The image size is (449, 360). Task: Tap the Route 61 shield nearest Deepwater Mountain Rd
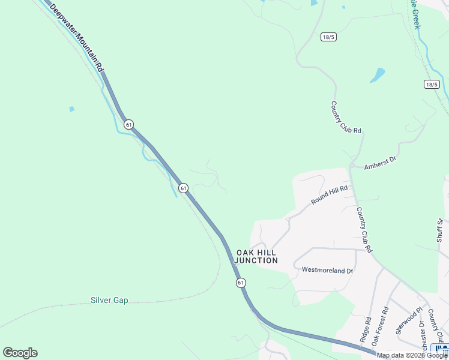(128, 124)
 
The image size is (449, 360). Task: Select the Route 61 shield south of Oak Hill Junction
(241, 282)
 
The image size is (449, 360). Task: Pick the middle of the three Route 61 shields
(184, 188)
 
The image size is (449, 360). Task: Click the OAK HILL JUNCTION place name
(256, 256)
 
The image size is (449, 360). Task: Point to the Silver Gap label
(109, 300)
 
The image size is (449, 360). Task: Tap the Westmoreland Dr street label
(327, 271)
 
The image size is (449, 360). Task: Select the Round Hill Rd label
(330, 195)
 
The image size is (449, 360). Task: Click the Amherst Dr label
(381, 162)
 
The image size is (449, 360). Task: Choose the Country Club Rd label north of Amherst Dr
(346, 117)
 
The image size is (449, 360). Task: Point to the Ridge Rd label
(366, 330)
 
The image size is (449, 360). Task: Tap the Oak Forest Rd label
(381, 326)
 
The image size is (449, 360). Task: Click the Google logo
(20, 353)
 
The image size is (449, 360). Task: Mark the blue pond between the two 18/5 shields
(377, 75)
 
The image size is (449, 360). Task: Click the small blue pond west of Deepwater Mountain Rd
(72, 109)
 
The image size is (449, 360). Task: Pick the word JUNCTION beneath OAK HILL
(256, 261)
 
